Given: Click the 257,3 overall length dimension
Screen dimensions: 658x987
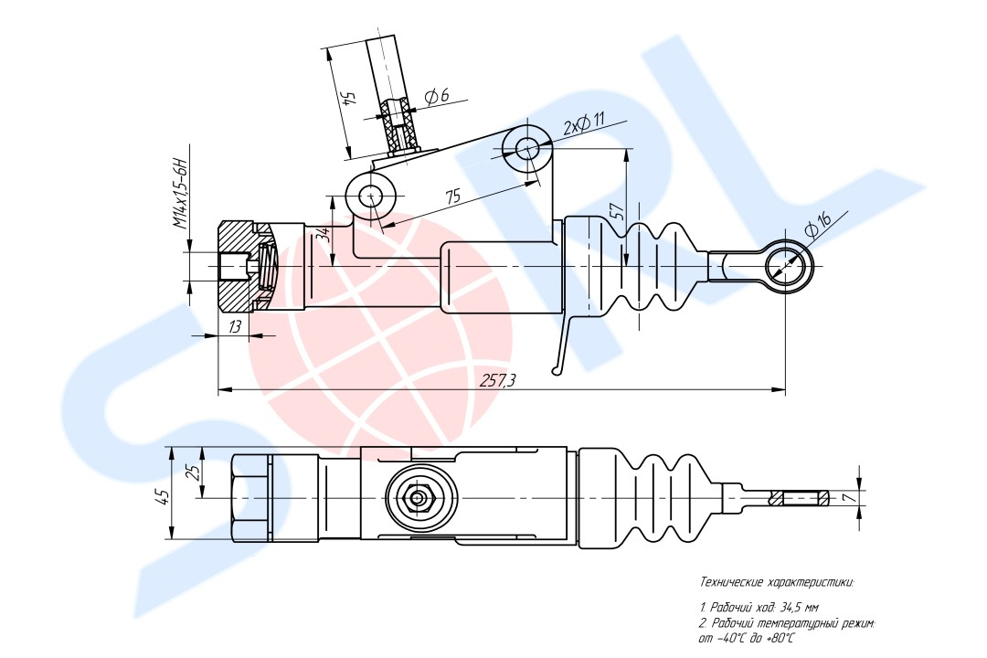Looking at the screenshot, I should pyautogui.click(x=498, y=381).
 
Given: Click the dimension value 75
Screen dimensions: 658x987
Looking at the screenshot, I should pyautogui.click(x=451, y=195).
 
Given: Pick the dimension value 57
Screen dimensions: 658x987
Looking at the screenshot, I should pyautogui.click(x=618, y=212).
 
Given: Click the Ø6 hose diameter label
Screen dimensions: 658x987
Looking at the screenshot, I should pyautogui.click(x=437, y=96).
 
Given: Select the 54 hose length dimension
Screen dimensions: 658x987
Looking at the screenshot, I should pyautogui.click(x=346, y=98).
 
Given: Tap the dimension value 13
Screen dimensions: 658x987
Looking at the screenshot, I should pyautogui.click(x=235, y=325).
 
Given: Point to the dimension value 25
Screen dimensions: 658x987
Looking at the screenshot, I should pyautogui.click(x=192, y=472).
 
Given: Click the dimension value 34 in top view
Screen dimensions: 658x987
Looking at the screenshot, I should pyautogui.click(x=322, y=235).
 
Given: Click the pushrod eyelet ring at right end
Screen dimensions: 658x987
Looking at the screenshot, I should pyautogui.click(x=787, y=266).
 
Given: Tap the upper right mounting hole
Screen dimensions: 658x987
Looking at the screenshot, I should pyautogui.click(x=527, y=147).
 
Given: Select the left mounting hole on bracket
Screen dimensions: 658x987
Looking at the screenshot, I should pyautogui.click(x=370, y=196).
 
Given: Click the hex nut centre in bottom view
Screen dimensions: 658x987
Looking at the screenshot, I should pyautogui.click(x=419, y=498).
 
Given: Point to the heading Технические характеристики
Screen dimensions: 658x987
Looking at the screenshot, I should pyautogui.click(x=776, y=581).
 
